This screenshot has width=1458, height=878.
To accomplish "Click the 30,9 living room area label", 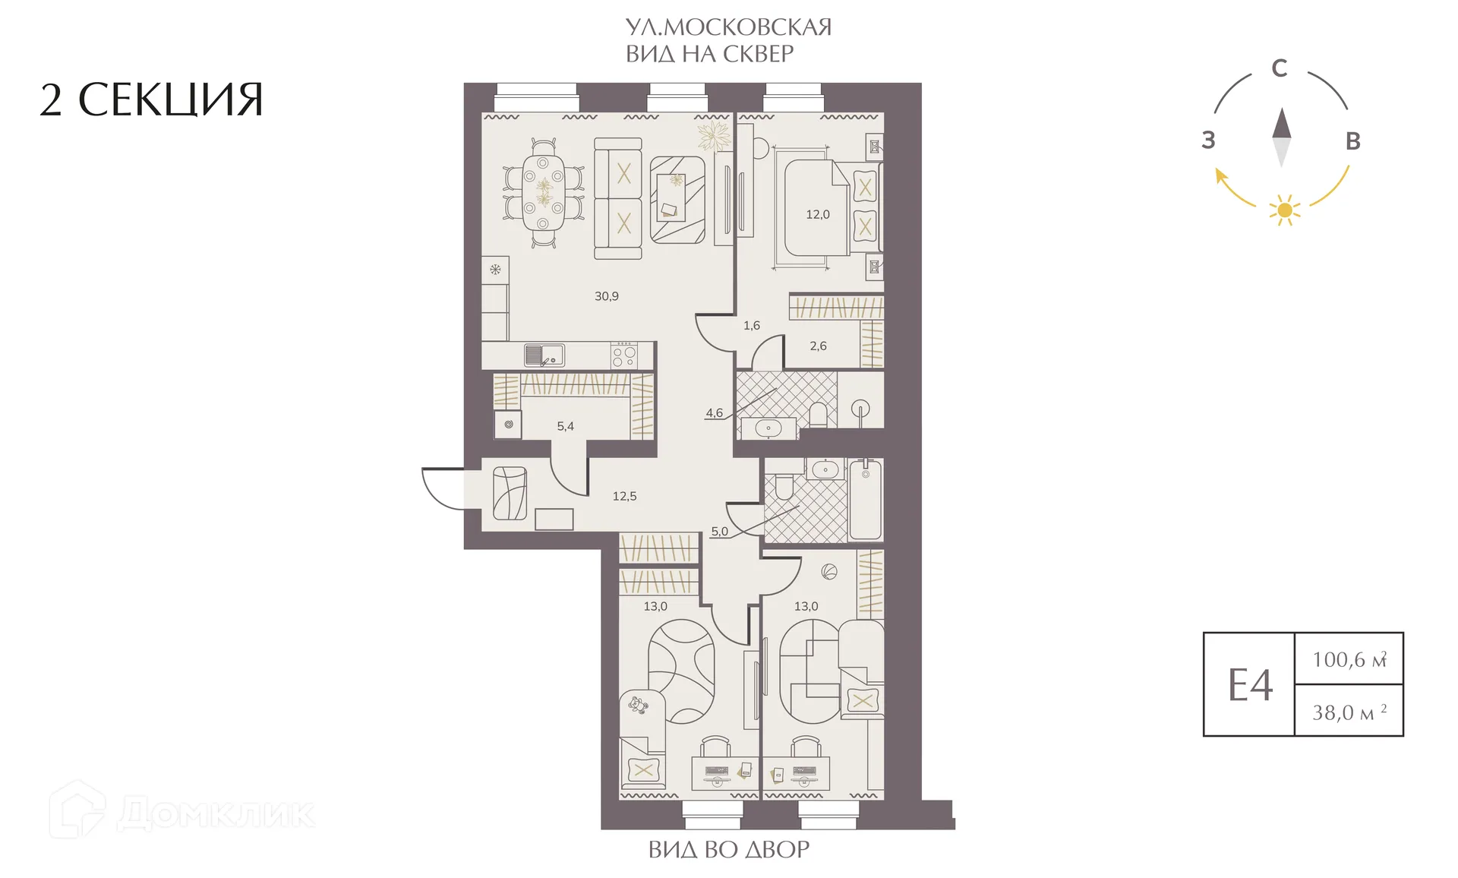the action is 606,296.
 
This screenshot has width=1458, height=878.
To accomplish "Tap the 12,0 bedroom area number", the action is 818,214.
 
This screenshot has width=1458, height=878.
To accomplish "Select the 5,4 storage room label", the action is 565,426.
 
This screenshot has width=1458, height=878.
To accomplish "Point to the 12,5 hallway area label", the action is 624,496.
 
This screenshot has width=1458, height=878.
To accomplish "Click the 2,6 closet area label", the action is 818,346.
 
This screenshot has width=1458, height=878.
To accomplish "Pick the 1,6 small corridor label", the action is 751,325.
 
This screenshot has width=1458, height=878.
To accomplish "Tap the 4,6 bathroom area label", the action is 714,413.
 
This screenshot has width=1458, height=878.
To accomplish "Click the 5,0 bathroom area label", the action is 719,532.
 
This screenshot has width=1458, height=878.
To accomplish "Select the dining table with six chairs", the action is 543,192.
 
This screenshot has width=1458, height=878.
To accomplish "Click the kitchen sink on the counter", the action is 544,355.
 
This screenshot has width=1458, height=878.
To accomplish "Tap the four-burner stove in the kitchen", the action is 624,355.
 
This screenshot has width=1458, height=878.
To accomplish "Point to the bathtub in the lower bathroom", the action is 865,499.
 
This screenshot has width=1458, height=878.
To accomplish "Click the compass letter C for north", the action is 1280,68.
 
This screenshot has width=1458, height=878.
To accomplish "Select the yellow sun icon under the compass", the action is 1284,210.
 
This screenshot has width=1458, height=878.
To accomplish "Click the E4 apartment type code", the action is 1250,685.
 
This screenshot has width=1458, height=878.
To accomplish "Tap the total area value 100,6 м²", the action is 1350,658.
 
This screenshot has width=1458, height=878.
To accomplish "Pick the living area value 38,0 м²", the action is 1350,712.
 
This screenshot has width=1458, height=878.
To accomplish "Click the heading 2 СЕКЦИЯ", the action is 151,99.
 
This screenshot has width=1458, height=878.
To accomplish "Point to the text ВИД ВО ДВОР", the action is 729,848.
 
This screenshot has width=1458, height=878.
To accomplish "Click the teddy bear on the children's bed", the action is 638,706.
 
